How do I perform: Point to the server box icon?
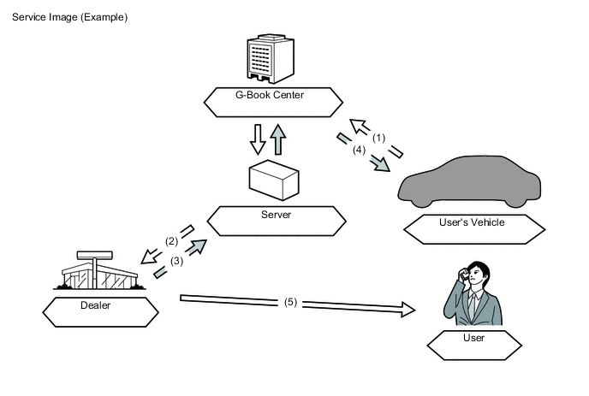[274, 179]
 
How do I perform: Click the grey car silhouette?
[471, 180]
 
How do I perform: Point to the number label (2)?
[172, 241]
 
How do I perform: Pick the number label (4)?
[360, 151]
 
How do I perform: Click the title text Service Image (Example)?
[69, 17]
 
